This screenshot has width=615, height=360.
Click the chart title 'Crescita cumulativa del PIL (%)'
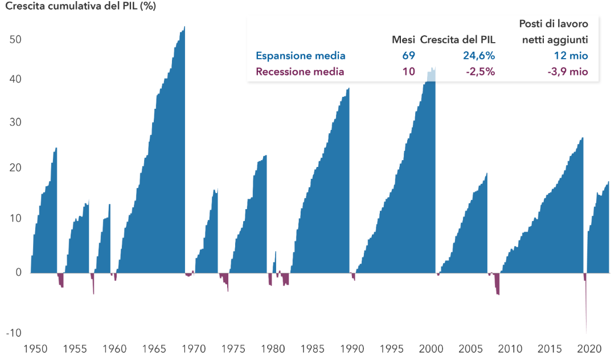(x=80, y=6)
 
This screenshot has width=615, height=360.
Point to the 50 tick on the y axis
(x=15, y=40)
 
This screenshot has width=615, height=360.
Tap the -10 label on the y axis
(x=14, y=333)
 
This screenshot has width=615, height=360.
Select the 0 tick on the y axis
(x=18, y=272)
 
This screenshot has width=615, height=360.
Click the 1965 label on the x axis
(x=154, y=349)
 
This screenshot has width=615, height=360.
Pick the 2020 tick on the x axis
(x=589, y=349)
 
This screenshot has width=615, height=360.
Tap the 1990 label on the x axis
(x=352, y=349)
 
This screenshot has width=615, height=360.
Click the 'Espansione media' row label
(x=301, y=56)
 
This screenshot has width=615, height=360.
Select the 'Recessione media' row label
(x=300, y=72)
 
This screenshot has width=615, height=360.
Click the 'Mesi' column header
(x=403, y=40)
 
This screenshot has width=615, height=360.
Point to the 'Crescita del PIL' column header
(x=458, y=40)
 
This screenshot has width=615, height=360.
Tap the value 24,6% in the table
(x=479, y=56)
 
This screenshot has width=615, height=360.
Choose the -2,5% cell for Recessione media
(x=481, y=72)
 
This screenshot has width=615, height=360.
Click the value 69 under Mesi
(x=409, y=56)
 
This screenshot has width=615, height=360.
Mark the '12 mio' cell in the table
(x=571, y=56)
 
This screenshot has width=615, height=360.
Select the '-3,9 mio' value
(x=568, y=72)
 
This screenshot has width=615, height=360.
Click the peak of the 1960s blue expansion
(x=184, y=27)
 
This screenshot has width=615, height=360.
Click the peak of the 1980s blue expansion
(x=348, y=89)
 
